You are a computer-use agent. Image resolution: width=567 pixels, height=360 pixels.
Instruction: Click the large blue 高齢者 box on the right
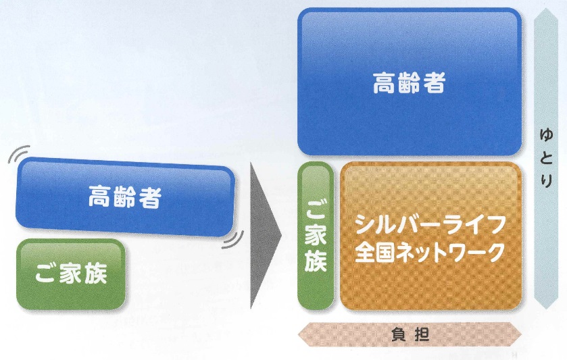click(410, 82)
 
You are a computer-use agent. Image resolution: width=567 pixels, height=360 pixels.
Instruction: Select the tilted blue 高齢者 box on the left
click(126, 197)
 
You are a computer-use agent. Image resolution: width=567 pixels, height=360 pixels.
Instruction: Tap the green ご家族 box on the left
click(70, 274)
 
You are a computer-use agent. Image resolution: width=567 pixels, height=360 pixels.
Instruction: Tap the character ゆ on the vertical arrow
click(545, 136)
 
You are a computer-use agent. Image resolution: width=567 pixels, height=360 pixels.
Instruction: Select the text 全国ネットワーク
click(430, 252)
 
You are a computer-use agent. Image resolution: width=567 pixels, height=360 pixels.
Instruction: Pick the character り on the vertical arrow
click(545, 180)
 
